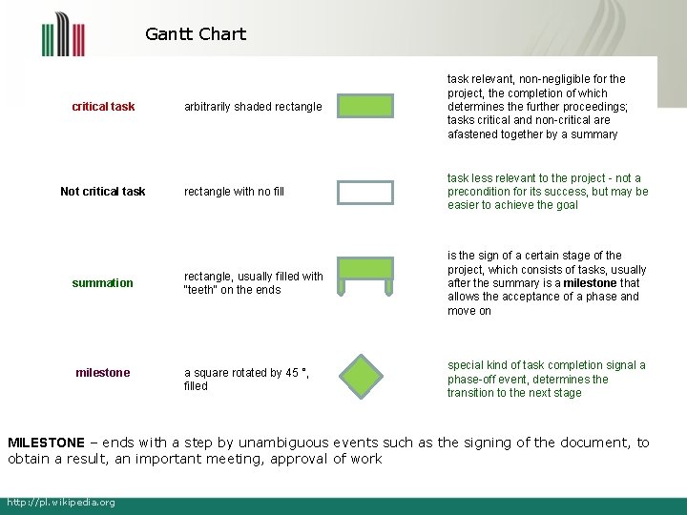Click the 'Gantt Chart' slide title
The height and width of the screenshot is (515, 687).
point(196,34)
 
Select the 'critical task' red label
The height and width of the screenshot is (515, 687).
point(103,107)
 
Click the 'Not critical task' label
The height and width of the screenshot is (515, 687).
point(103,192)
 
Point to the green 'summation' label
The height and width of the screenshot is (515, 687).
point(103,283)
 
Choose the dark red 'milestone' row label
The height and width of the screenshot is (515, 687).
point(103,373)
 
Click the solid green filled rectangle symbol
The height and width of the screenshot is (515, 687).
point(365,106)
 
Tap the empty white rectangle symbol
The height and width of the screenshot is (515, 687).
point(365,192)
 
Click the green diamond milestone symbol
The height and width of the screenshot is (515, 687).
point(365,377)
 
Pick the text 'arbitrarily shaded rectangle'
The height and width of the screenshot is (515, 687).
point(253,107)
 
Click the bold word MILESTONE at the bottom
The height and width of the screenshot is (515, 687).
point(46,443)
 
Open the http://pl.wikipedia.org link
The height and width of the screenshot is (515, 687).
point(61,503)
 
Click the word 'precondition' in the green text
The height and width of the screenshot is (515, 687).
point(483,192)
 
